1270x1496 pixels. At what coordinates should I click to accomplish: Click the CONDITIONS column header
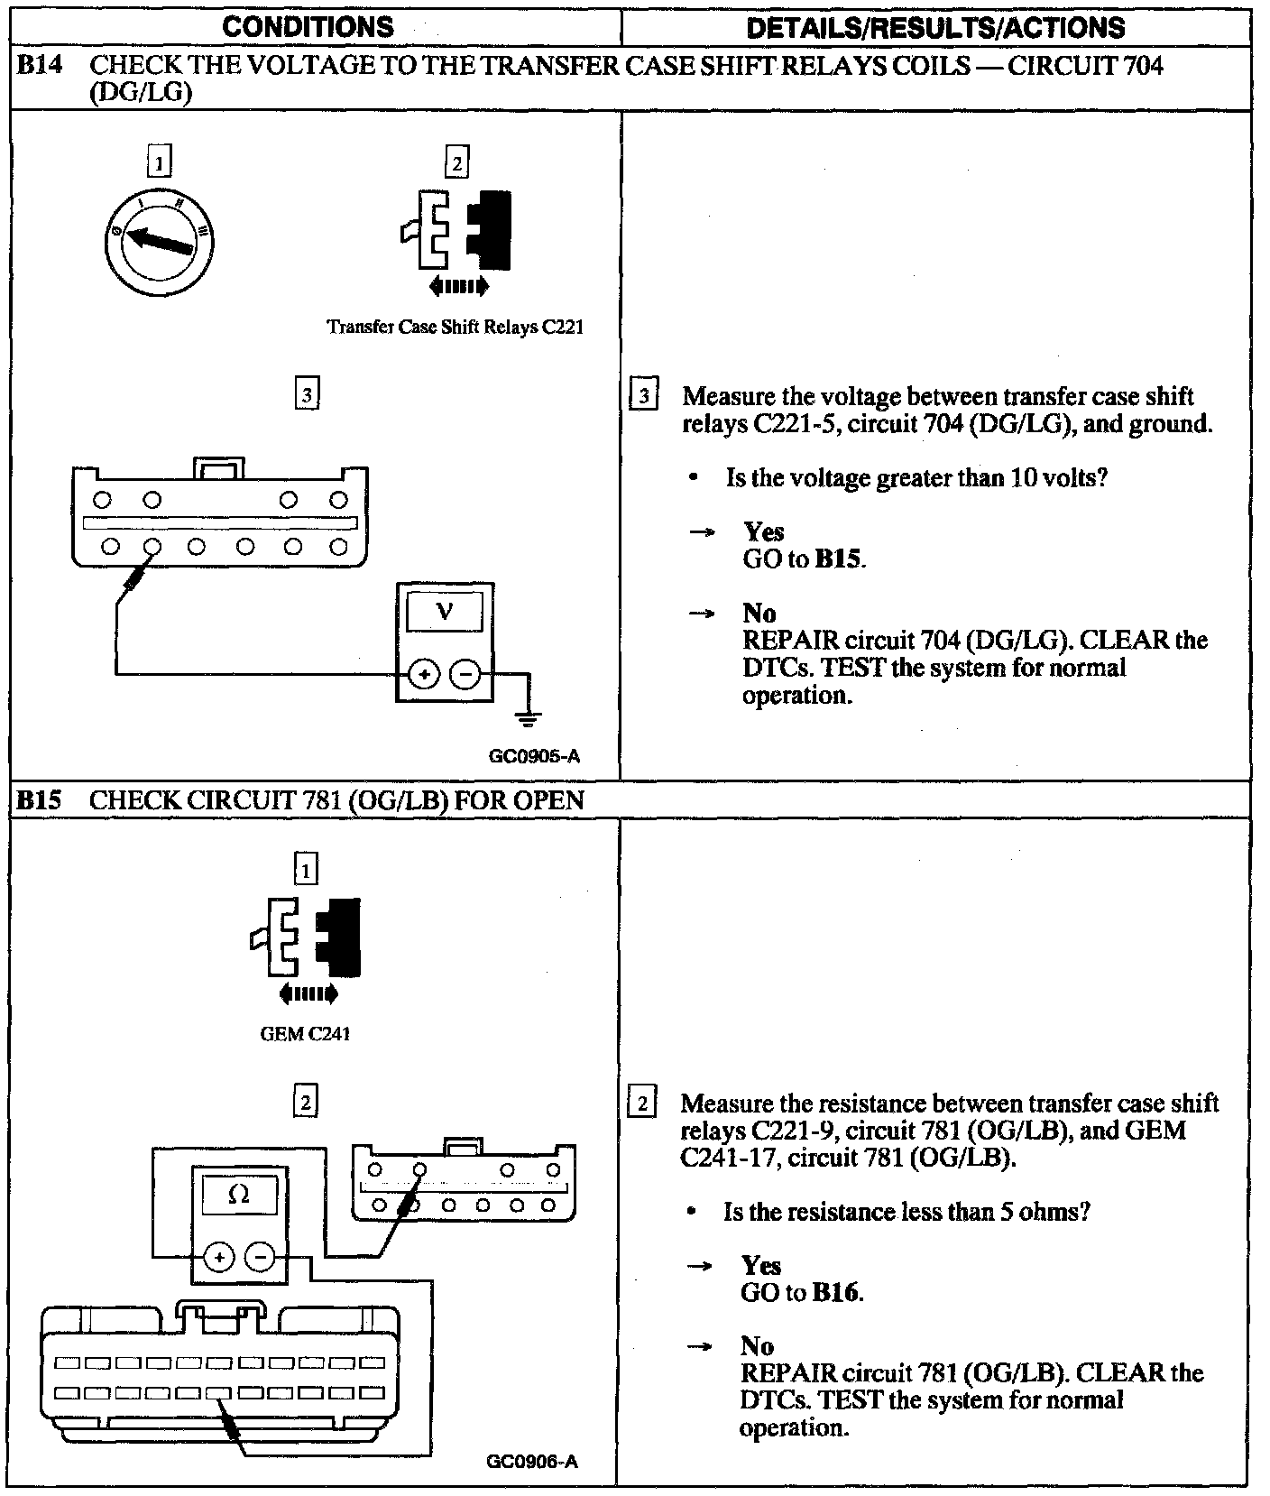tap(308, 27)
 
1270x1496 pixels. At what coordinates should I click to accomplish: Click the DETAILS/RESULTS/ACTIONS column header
tap(935, 28)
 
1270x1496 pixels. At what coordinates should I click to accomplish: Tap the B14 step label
tap(40, 65)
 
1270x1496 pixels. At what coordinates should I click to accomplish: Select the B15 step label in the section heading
tap(40, 800)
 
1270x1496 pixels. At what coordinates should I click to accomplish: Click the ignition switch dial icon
tap(158, 241)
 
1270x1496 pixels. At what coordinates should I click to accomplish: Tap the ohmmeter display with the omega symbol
tap(239, 1195)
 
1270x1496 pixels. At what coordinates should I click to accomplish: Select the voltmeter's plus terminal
tap(424, 674)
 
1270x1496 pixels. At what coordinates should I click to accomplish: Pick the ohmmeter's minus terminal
tap(262, 1256)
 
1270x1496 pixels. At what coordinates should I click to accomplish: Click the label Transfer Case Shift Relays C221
tap(455, 327)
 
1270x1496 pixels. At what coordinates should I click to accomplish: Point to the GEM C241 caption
tap(305, 1034)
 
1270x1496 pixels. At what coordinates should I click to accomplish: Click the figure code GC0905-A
tap(534, 756)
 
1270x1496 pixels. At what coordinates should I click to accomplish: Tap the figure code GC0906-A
tap(531, 1463)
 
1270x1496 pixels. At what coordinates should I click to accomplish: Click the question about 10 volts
tap(916, 477)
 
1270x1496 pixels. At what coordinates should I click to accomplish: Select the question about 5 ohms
tap(906, 1211)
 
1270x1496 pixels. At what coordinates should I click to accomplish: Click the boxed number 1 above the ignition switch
tap(159, 162)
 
